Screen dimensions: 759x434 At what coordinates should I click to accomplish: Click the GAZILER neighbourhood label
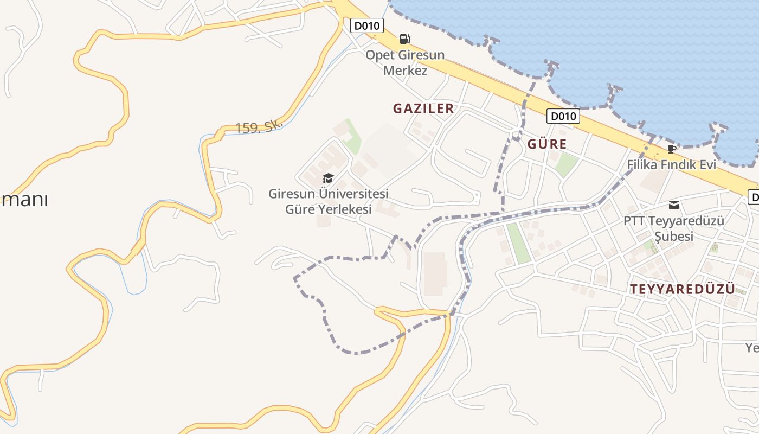coord(423,108)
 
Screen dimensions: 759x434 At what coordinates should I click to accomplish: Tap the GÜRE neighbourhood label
coord(547,144)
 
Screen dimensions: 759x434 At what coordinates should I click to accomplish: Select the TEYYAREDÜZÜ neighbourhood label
coord(683,289)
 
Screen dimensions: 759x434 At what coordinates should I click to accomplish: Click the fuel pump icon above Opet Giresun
coord(404,39)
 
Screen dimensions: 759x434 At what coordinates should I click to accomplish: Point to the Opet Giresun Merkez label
coord(405,62)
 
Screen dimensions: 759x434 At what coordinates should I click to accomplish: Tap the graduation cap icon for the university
coord(328,178)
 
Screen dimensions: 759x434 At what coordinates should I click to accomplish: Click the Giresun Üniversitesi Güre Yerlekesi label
coord(329,201)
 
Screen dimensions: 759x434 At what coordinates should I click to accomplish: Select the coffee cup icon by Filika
coord(671,149)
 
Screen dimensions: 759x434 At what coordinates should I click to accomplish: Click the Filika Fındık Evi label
coord(671,164)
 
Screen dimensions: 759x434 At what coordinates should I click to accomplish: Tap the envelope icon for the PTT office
coord(673,205)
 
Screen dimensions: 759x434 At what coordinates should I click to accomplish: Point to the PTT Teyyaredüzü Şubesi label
coord(673,228)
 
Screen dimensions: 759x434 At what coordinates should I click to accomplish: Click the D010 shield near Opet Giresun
coord(367,25)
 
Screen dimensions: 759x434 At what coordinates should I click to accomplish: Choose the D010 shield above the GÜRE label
coord(563,116)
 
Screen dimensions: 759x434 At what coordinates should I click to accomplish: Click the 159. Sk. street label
coord(259,127)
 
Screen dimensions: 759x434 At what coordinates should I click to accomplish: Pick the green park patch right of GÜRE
coord(565,164)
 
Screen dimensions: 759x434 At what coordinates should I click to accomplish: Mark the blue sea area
coord(623,43)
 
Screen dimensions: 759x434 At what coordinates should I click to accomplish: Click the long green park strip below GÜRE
coord(518,242)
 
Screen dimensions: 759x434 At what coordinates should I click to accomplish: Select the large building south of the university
coord(435,273)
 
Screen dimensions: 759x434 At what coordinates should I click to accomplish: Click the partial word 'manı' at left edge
coord(24,200)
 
